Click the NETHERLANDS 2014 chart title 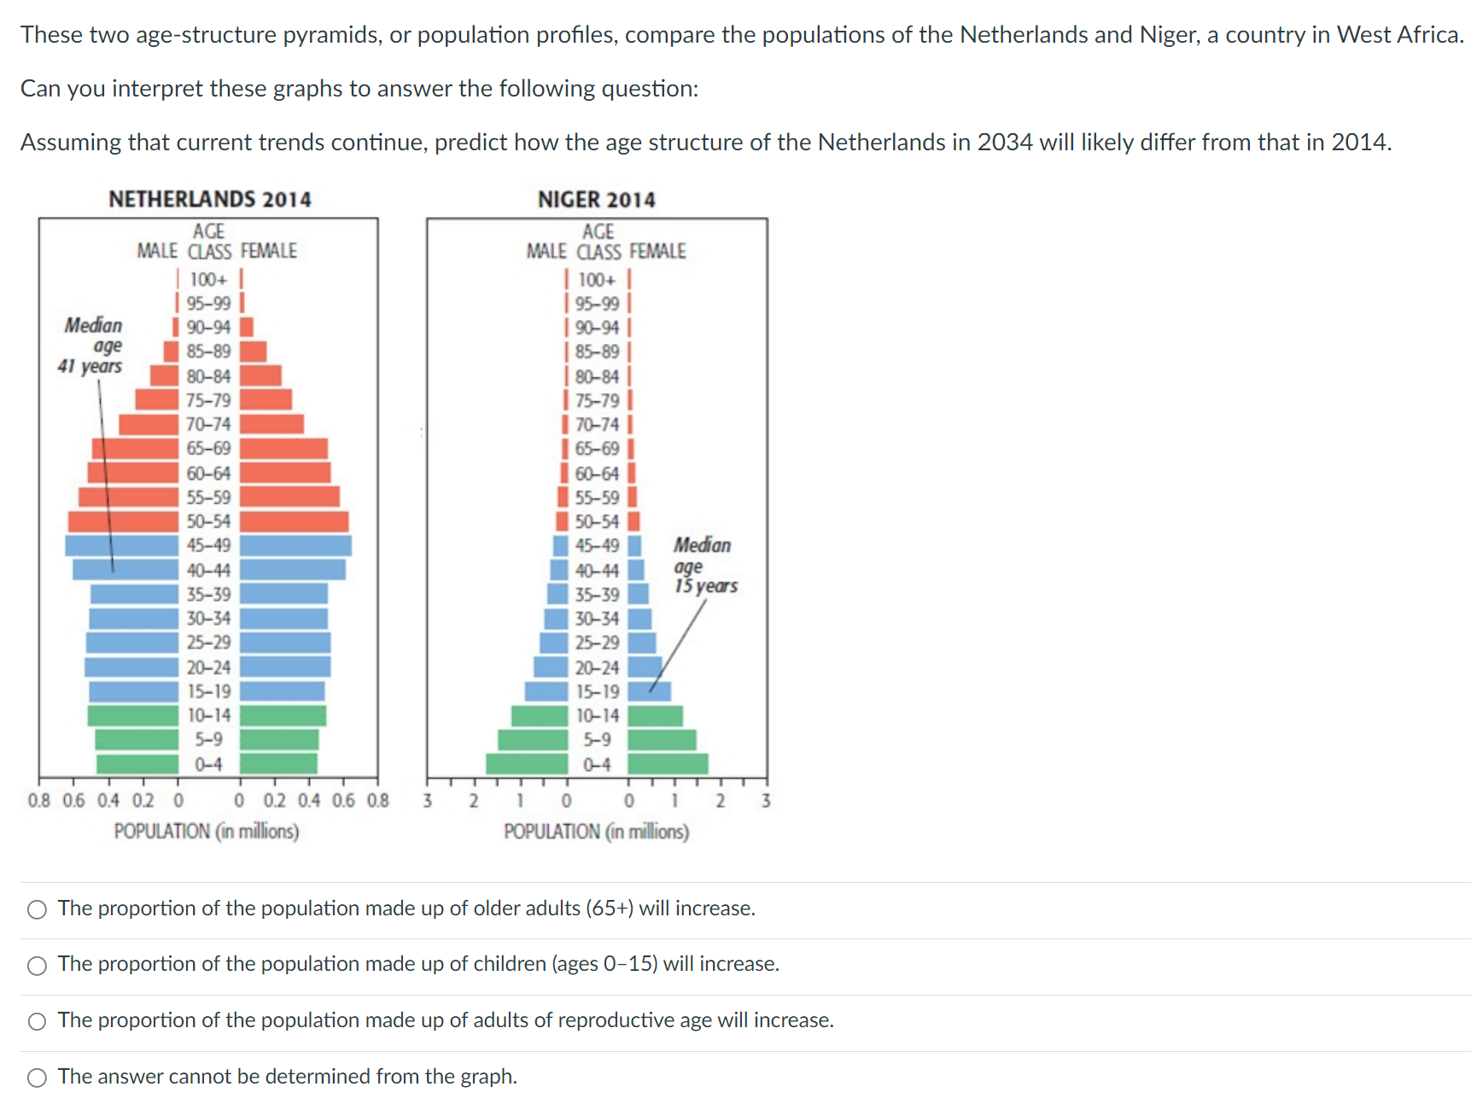tap(209, 199)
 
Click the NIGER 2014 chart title tap(596, 200)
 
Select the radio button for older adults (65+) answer tap(37, 909)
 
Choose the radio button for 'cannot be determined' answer tap(37, 1078)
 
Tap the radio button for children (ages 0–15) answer tap(37, 966)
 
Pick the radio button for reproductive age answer tap(37, 1021)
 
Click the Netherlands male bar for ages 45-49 tap(121, 546)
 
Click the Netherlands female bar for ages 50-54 tap(294, 522)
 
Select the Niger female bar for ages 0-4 tap(668, 764)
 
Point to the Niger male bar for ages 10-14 tap(540, 716)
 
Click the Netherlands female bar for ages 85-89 tap(253, 352)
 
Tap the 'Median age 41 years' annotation tap(92, 346)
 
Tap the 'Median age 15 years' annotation tap(704, 565)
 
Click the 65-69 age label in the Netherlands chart tap(208, 448)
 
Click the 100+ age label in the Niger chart tap(596, 280)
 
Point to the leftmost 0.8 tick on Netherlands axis tap(38, 800)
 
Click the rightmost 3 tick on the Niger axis tap(766, 800)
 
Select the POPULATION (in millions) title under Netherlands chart tap(207, 831)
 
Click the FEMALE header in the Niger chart tap(657, 251)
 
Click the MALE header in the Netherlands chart tap(157, 251)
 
